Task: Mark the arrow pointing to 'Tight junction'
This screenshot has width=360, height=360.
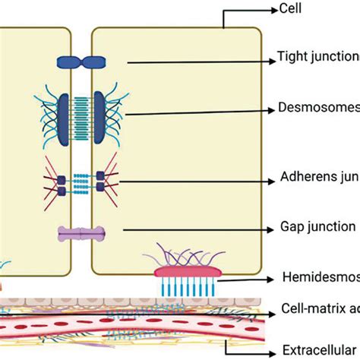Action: [x=197, y=62]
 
